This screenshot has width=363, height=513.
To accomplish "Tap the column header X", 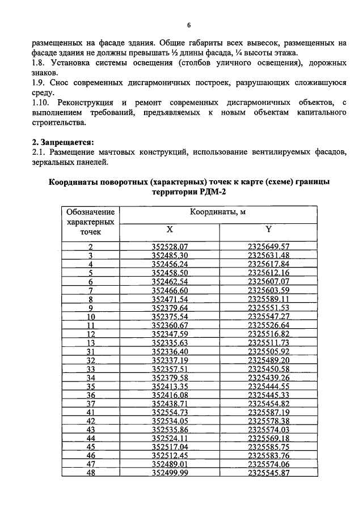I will (x=170, y=230).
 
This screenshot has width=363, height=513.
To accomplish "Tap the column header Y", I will (x=269, y=230).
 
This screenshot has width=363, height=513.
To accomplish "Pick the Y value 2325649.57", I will (x=269, y=247).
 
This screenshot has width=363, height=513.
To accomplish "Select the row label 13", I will (x=90, y=343).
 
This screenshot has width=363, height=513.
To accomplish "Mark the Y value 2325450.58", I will (x=269, y=369).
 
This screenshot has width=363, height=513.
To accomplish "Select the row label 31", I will (x=90, y=352).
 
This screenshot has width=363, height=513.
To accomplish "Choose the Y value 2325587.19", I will (x=269, y=413).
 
